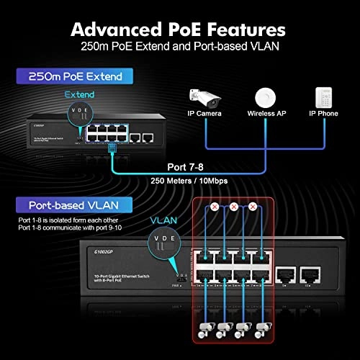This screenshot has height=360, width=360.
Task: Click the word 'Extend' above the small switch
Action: pos(79,94)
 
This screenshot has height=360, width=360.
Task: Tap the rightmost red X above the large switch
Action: pos(253,207)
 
